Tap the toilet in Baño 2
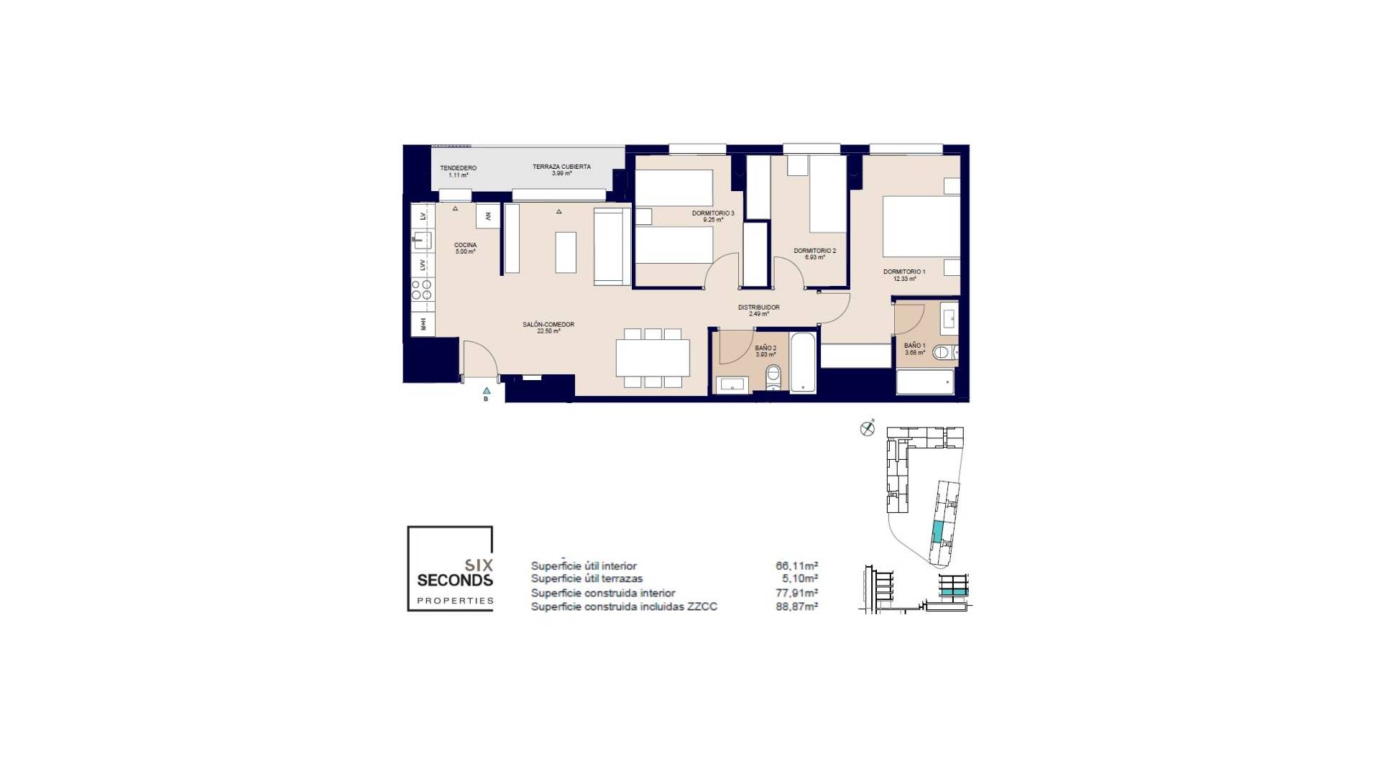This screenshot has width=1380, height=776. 773,375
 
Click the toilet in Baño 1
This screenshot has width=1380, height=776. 942,352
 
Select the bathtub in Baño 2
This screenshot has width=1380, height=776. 803,362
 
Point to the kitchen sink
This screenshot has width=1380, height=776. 423,240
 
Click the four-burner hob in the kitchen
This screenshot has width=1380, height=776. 422,290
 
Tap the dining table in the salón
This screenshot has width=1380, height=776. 653,358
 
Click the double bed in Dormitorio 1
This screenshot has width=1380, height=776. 920,226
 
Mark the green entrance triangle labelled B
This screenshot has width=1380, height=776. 487,391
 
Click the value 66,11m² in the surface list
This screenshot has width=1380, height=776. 796,566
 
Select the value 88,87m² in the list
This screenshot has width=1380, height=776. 796,606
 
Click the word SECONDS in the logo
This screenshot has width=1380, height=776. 455,581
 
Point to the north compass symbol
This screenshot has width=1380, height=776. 868,429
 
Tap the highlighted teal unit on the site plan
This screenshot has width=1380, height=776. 938,532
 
